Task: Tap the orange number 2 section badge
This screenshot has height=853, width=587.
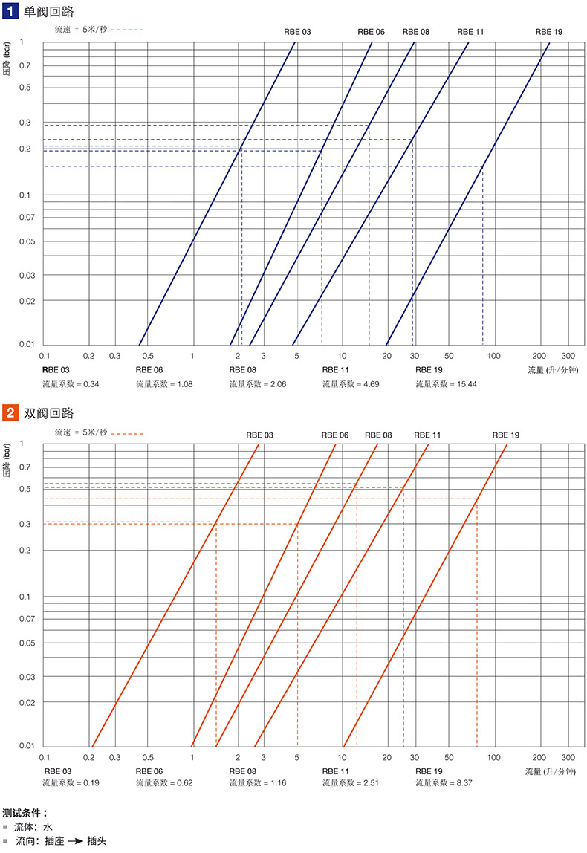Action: pyautogui.click(x=11, y=412)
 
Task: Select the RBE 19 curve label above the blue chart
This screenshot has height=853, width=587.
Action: pyautogui.click(x=548, y=32)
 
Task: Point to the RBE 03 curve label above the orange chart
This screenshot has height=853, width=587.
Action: pyautogui.click(x=260, y=435)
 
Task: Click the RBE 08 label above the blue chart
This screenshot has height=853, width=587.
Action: pyautogui.click(x=416, y=32)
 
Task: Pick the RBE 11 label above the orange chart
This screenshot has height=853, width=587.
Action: pyautogui.click(x=427, y=435)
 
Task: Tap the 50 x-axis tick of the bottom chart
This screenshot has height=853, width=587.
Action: pyautogui.click(x=449, y=758)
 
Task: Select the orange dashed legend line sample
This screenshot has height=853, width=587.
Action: pyautogui.click(x=127, y=432)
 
